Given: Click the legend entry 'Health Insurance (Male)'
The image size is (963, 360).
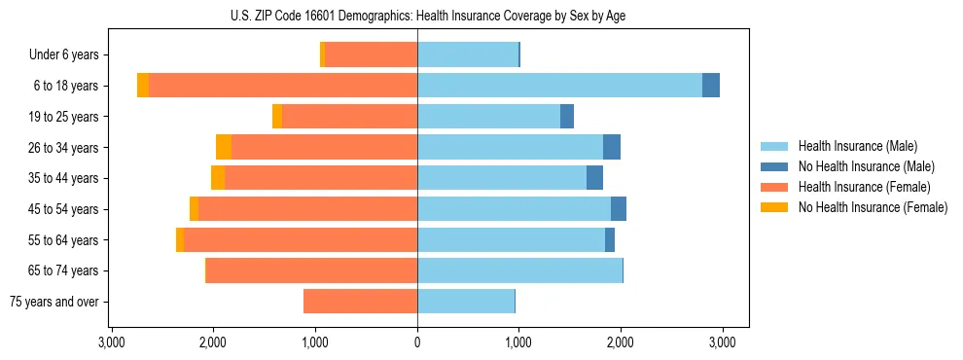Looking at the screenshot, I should click(857, 146).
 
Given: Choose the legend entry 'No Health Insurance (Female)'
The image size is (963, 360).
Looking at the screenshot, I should click(873, 207).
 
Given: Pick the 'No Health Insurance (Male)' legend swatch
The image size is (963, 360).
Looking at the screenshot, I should click(775, 166).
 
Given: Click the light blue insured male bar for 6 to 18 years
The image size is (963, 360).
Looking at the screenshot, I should click(559, 86).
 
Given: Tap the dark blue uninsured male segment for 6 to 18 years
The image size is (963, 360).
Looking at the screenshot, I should click(711, 86).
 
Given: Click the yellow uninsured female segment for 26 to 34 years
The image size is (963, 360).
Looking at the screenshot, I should click(224, 147).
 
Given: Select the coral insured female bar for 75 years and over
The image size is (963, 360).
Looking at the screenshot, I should click(360, 302).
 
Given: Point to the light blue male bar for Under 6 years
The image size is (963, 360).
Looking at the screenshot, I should click(468, 54).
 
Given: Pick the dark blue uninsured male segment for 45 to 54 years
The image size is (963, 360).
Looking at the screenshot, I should click(619, 208).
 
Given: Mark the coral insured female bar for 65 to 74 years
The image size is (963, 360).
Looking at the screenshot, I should click(311, 270).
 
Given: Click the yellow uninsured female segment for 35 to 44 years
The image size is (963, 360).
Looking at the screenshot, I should click(218, 178).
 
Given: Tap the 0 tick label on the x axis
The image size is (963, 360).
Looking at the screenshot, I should click(417, 342).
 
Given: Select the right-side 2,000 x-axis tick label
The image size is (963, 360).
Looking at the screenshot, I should click(621, 342).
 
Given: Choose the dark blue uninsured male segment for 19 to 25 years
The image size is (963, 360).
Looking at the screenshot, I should click(567, 117).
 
